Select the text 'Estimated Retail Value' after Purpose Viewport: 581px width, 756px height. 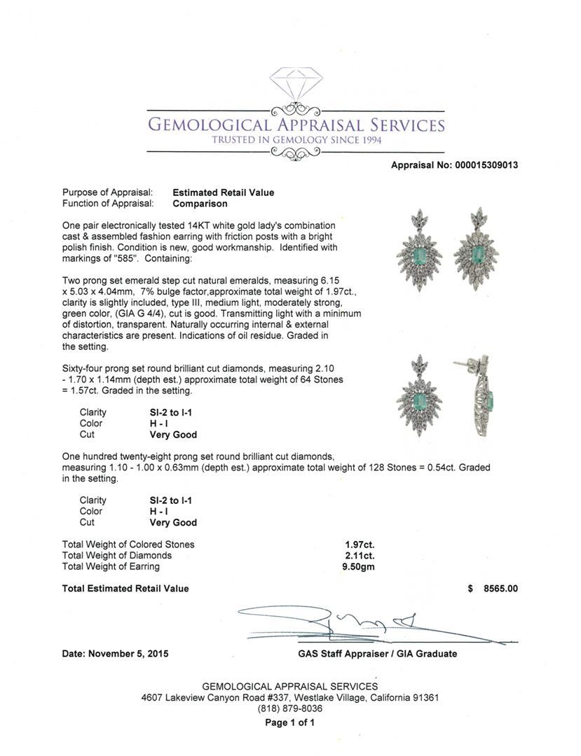(224, 192)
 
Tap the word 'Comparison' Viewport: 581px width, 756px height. (200, 204)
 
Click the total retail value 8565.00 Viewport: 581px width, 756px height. (500, 589)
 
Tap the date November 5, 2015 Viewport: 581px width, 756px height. (115, 654)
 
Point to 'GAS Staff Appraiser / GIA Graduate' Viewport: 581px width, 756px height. (377, 654)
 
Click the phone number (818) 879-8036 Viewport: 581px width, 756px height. (290, 708)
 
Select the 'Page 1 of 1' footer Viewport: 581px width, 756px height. (290, 723)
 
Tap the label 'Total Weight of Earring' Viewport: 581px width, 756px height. (111, 566)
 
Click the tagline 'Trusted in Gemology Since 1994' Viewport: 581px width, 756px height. (295, 139)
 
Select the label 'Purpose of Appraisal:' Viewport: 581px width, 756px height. (107, 192)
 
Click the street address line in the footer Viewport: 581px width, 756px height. (290, 697)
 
